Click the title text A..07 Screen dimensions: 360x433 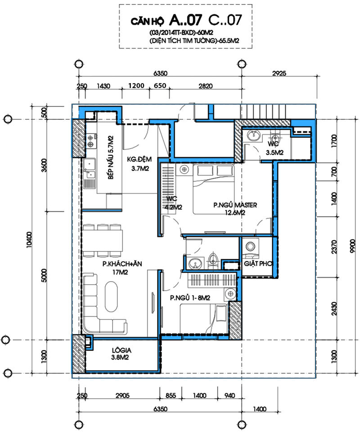[x=186, y=20]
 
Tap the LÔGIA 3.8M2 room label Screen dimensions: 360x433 [x=121, y=354]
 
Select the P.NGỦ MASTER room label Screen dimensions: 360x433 [x=235, y=209]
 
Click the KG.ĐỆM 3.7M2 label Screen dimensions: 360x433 [x=139, y=164]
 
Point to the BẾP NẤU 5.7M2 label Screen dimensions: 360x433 [x=111, y=157]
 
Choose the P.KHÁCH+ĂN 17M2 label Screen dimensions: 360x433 [x=122, y=268]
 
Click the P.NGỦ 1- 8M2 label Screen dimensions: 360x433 [x=190, y=298]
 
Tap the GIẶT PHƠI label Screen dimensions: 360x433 [x=258, y=264]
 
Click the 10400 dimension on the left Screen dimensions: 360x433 [x=29, y=240]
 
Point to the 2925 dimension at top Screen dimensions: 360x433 [x=279, y=73]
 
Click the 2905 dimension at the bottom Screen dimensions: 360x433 [x=122, y=395]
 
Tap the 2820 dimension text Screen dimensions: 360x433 [x=206, y=86]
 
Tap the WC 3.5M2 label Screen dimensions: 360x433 [x=274, y=148]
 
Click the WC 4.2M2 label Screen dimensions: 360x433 [x=173, y=203]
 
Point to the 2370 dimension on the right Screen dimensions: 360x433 [x=334, y=246]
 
